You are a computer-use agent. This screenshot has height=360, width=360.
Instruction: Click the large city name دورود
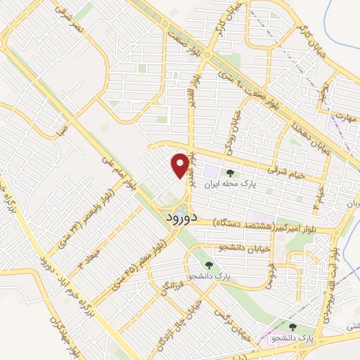pos(182,218)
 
